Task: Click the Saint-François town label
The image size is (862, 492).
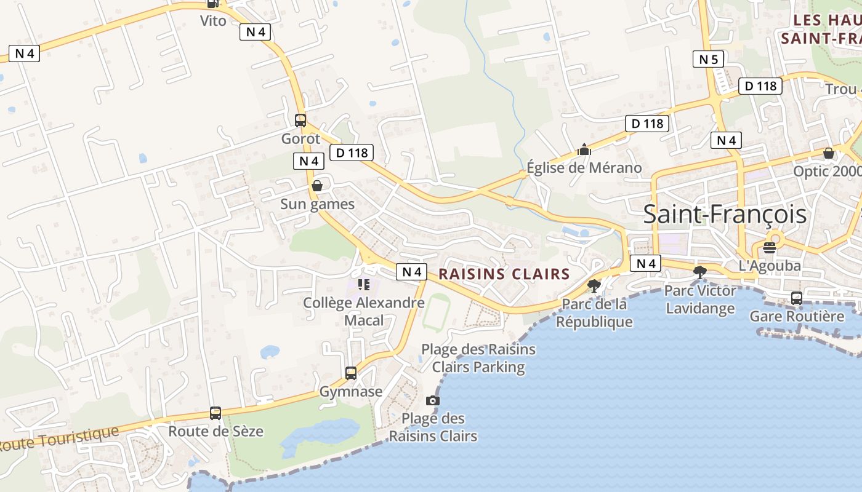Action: pos(725,214)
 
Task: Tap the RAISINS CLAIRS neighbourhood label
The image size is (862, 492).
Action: pos(504,274)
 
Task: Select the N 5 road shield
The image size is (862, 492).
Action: pos(708,60)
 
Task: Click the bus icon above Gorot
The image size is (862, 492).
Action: pos(300,121)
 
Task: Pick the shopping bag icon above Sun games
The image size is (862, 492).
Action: pos(317,186)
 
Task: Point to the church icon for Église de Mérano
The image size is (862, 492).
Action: pos(584,149)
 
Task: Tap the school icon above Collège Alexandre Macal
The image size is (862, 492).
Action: pos(363,284)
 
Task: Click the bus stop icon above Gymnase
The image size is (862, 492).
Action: pos(351,373)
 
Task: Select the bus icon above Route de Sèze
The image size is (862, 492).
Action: pos(216,413)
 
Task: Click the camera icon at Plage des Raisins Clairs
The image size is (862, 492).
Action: pos(433,401)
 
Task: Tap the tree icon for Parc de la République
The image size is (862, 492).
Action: pos(594,285)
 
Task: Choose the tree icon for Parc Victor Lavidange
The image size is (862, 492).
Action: pos(699,271)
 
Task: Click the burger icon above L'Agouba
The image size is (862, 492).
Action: pos(770,248)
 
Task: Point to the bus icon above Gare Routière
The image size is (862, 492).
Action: pos(797,298)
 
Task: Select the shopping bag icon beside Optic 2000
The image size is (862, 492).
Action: pos(829,153)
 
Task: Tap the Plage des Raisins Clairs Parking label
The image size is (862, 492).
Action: pos(478,359)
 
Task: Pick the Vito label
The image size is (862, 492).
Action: pos(213,21)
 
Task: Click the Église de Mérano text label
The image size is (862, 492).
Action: pos(584,168)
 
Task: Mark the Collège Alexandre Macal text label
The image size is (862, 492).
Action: pos(364,311)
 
